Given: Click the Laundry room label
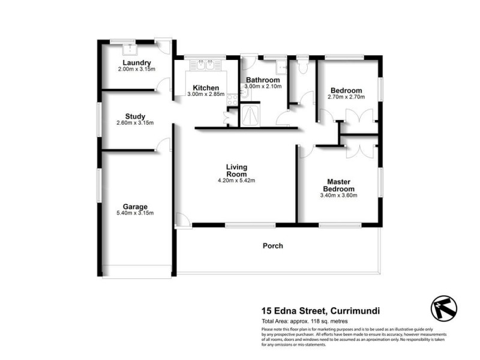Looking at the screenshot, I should [x=136, y=63].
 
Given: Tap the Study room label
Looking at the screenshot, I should [x=135, y=116].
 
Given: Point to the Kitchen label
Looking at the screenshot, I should [x=205, y=88].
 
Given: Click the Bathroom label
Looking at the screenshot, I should [x=263, y=80].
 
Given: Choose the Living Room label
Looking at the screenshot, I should [x=236, y=170].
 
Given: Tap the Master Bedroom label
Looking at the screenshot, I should [x=339, y=185].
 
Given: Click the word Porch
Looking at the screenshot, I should [x=272, y=245].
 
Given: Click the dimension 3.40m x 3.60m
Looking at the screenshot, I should [x=339, y=195].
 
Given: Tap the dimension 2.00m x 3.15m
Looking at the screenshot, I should [x=136, y=70].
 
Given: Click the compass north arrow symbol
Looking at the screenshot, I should [x=442, y=308].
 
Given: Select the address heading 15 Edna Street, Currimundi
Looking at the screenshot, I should [x=320, y=311].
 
